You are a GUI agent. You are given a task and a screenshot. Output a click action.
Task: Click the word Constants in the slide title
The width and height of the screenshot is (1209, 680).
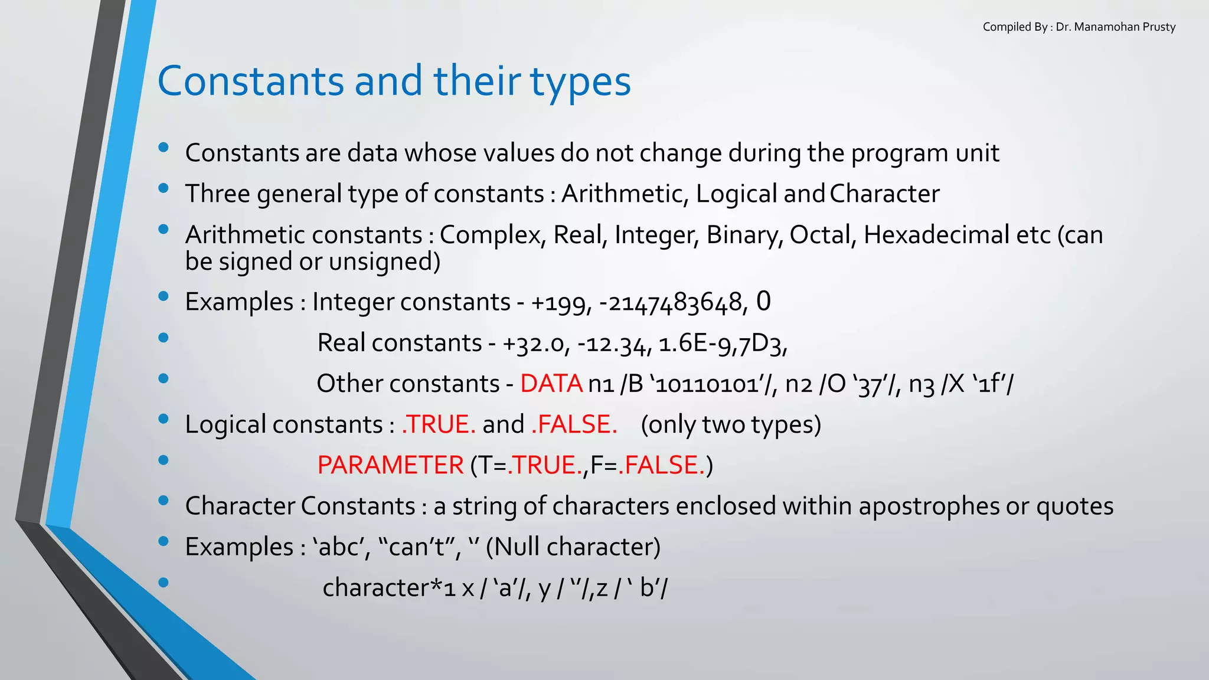point(250,81)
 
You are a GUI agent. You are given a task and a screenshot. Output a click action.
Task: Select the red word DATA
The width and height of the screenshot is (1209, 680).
point(551,384)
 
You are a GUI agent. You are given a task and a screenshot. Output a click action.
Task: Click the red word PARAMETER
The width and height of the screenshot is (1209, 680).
point(390,466)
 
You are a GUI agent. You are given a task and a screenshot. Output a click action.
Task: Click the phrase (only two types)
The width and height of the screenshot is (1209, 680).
point(731,425)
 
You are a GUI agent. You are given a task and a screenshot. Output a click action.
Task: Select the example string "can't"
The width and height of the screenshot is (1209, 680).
point(416,547)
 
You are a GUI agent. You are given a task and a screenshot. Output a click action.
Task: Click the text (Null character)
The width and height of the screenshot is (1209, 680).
point(573,547)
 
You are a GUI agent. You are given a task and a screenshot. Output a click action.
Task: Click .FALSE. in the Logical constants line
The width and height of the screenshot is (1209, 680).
point(574,425)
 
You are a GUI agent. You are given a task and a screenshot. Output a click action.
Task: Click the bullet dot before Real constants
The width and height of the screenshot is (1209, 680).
point(164,338)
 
